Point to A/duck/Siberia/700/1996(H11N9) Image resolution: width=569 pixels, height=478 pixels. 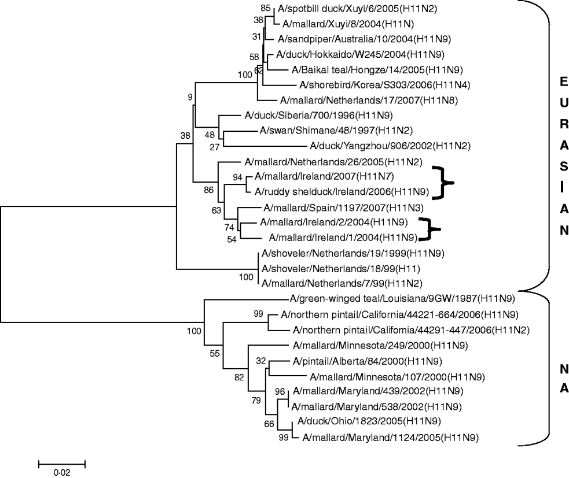(300, 115)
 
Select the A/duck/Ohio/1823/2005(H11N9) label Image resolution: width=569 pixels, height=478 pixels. (362, 422)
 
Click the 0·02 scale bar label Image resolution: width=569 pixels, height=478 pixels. (61, 472)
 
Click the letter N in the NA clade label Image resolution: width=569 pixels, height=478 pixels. (560, 368)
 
